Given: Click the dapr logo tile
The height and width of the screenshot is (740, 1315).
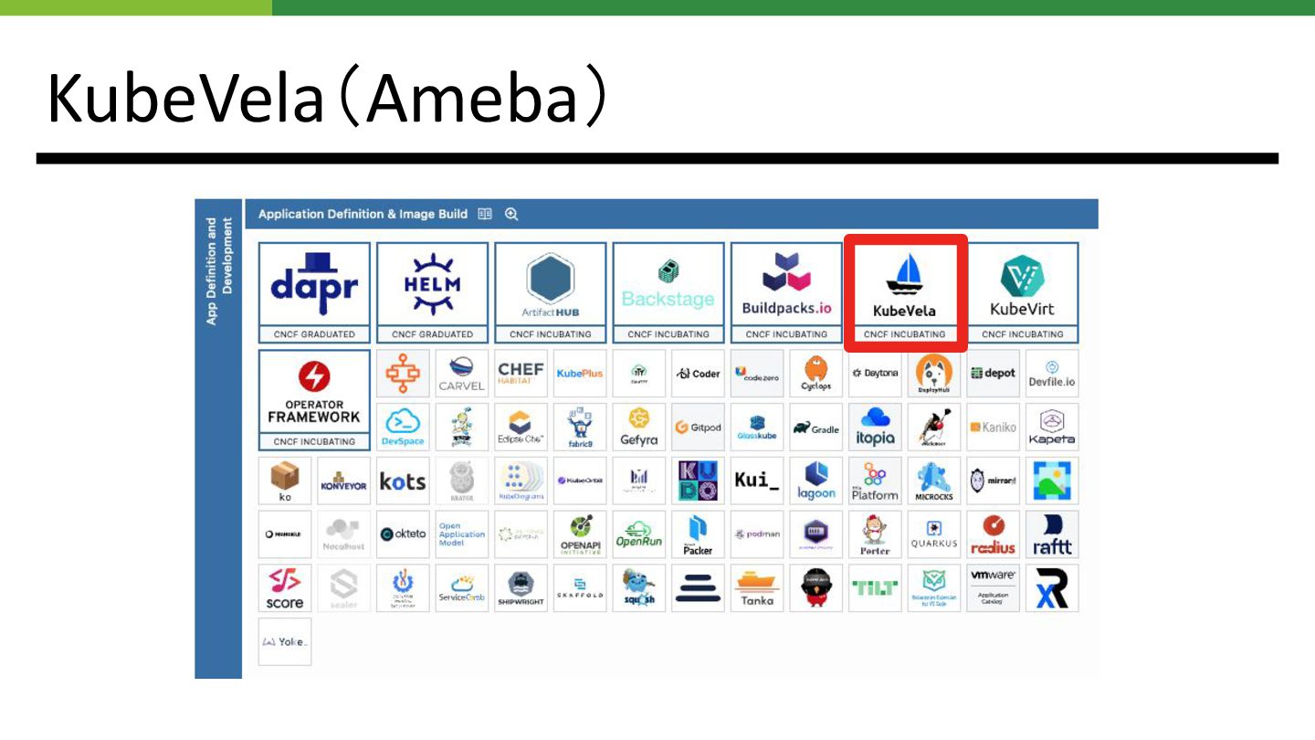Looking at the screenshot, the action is tap(314, 285).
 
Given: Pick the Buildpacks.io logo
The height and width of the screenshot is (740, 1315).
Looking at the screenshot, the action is tap(786, 285).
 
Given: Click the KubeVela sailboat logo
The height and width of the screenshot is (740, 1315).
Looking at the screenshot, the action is tap(904, 274).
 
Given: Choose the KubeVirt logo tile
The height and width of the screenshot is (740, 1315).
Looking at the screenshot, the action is tap(1022, 285).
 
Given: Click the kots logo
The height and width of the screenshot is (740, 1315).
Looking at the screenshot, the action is tap(403, 481).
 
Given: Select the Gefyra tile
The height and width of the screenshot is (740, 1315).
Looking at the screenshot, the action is tap(639, 428).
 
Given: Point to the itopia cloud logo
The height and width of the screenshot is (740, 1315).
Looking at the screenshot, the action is tap(875, 428).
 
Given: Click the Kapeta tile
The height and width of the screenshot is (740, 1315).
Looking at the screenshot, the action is tap(1051, 428).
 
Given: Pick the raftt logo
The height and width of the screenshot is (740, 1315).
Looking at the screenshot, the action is tap(1051, 535).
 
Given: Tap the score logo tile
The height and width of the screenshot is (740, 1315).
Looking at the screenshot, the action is tap(285, 588).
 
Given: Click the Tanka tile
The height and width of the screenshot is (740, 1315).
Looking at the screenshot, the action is tap(757, 588).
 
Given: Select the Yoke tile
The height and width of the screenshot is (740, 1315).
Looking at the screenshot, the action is tap(285, 641).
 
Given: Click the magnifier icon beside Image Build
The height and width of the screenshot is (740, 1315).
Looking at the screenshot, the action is tap(511, 214).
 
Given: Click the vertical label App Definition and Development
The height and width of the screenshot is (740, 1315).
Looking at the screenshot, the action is tap(219, 271).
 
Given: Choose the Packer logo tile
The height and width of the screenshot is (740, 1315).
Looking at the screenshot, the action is tap(698, 535).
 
